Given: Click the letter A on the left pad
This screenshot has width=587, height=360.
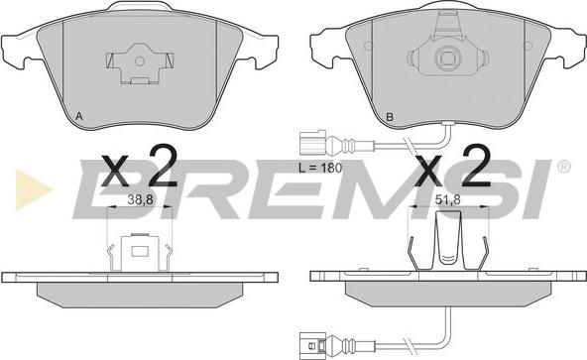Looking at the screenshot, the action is (78, 116).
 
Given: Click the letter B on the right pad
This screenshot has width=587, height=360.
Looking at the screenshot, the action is (390, 117).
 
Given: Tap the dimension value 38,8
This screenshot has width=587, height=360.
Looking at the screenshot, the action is (140, 200).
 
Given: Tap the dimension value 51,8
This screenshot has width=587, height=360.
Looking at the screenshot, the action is (447, 200).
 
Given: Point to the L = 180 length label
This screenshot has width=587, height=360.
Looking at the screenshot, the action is (320, 168).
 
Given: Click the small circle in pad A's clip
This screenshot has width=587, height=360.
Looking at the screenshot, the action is (139, 61).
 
